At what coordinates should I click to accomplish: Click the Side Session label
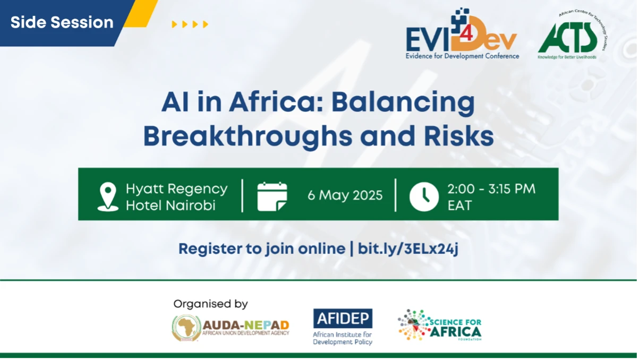(62, 22)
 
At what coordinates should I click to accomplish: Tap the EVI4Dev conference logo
(462, 33)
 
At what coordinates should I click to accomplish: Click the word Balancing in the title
(403, 103)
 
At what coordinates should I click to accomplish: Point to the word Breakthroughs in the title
(248, 137)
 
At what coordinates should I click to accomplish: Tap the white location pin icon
(108, 197)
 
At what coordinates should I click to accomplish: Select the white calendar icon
(272, 196)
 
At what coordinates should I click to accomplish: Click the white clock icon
(424, 196)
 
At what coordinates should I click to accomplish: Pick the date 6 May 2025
(345, 195)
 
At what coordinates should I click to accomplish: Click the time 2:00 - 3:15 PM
(491, 189)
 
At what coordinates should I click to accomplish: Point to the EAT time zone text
(459, 205)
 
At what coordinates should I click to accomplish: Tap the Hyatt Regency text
(176, 190)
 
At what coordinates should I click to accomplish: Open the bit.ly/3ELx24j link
(408, 248)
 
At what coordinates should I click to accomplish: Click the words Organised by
(210, 304)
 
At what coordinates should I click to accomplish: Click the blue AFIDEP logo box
(343, 319)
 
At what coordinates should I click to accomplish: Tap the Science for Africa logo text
(455, 328)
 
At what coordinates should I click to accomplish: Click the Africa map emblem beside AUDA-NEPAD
(186, 328)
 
